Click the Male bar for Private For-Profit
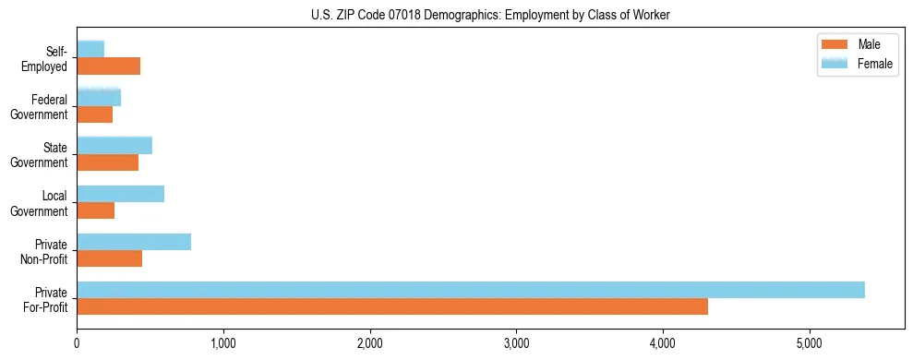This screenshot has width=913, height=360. (392, 306)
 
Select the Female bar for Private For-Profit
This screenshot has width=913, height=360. (471, 290)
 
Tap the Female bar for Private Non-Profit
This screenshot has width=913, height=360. (134, 242)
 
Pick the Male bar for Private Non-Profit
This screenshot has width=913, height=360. (109, 258)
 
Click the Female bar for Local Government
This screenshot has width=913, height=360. (120, 194)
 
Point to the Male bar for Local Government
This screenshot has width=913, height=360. (95, 210)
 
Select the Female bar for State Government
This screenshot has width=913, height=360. (114, 145)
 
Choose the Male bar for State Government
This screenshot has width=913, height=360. (107, 162)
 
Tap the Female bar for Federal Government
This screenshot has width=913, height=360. (99, 97)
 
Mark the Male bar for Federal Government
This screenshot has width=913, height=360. (94, 114)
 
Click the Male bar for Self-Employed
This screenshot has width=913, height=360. (108, 66)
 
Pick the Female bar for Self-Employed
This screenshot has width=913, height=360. (90, 49)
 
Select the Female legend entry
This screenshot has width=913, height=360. (859, 63)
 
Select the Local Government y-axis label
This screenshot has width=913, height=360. (42, 203)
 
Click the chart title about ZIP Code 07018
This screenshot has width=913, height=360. (490, 15)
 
